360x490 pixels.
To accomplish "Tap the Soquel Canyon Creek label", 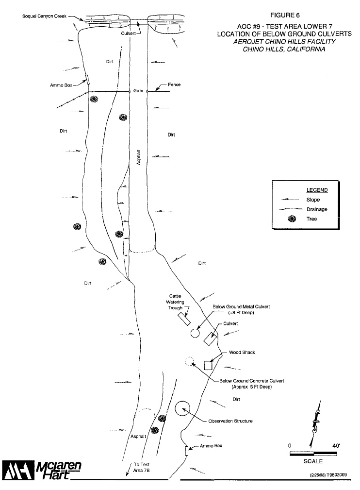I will pyautogui.click(x=45, y=17).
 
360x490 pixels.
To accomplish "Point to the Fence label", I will pyautogui.click(x=174, y=84).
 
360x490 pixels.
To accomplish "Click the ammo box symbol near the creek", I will pyautogui.click(x=87, y=79).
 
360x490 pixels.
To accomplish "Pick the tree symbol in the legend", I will pyautogui.click(x=292, y=219).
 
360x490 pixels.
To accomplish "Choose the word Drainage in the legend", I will pyautogui.click(x=316, y=209).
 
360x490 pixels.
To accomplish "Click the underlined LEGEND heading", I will pyautogui.click(x=317, y=190).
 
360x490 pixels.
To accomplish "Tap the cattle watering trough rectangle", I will pyautogui.click(x=183, y=319).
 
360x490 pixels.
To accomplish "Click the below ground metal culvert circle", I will pyautogui.click(x=195, y=333).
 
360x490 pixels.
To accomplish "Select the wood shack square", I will pyautogui.click(x=209, y=365).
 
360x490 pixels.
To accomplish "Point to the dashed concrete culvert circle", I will pyautogui.click(x=190, y=362).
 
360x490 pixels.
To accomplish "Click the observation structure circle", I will pyautogui.click(x=182, y=408).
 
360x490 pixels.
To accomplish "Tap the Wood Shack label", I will pyautogui.click(x=242, y=352).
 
